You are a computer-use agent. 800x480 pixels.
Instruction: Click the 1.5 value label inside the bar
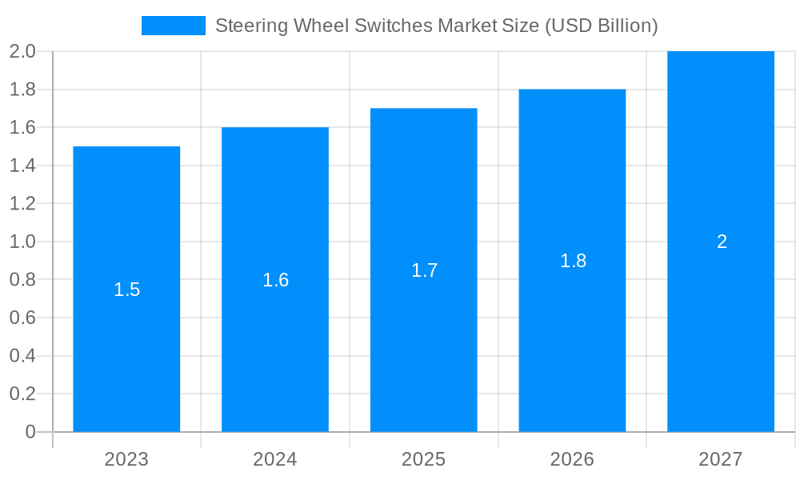(x=126, y=290)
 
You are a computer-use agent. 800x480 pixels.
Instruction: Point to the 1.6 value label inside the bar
(x=275, y=280)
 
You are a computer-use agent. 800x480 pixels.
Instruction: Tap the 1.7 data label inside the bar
(x=424, y=270)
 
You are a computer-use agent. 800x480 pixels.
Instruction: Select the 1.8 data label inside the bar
(x=573, y=261)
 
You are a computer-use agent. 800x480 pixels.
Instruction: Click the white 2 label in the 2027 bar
(x=722, y=242)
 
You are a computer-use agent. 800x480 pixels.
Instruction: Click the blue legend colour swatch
(x=173, y=26)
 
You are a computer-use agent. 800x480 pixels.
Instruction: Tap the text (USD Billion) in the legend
(x=601, y=26)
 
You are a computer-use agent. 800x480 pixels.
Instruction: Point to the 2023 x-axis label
(x=126, y=459)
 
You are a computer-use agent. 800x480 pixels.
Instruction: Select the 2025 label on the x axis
(x=424, y=459)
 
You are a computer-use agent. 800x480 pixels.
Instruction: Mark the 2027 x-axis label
(x=721, y=459)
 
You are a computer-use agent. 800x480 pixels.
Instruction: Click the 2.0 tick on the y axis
(x=22, y=51)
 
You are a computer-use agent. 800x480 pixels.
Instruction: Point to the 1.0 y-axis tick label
(x=22, y=242)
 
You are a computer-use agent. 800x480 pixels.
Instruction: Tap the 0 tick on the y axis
(x=30, y=432)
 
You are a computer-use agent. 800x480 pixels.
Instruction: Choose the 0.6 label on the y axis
(x=22, y=318)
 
